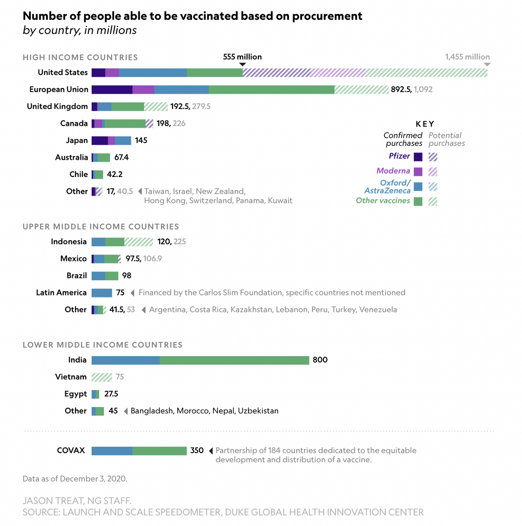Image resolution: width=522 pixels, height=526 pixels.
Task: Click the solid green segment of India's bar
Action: (234, 360)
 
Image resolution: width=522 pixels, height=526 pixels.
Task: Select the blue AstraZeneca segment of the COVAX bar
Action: (112, 451)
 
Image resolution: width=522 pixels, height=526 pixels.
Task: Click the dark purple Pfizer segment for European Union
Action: (112, 90)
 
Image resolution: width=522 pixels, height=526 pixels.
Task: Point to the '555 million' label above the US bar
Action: (242, 57)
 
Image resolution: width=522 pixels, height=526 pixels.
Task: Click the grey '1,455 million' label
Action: (467, 57)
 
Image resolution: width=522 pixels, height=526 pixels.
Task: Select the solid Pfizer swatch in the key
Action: (418, 157)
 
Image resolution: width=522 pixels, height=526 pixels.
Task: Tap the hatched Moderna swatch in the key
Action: (433, 172)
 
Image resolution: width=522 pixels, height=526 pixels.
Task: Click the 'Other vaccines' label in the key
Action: (383, 201)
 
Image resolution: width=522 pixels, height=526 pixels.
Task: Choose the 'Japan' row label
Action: (77, 141)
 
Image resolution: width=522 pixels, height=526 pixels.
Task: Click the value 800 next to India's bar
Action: (320, 360)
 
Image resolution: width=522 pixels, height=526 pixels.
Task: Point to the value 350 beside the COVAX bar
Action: (197, 451)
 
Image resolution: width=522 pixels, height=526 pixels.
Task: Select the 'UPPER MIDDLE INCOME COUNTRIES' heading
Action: (101, 227)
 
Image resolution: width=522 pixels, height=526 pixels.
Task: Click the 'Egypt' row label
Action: (75, 394)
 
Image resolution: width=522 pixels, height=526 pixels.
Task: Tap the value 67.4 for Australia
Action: (122, 158)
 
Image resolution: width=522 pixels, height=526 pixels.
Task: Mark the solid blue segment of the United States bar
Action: (153, 73)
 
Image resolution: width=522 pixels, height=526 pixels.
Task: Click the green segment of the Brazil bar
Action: (112, 276)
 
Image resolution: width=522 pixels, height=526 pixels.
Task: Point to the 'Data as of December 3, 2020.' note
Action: (75, 479)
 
